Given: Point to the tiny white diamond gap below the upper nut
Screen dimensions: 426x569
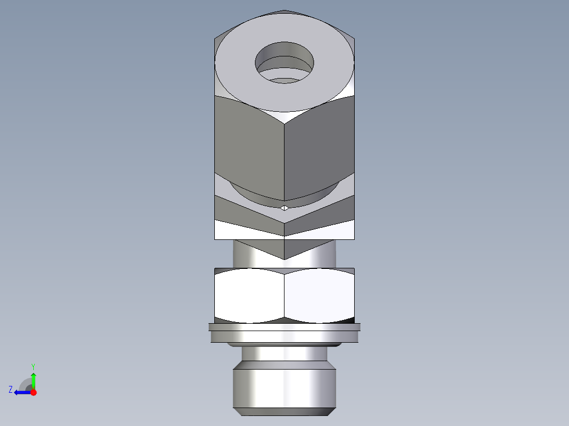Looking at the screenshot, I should pos(284,208).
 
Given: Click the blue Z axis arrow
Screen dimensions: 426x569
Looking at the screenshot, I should pos(21,392).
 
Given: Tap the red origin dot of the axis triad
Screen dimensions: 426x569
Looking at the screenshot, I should pos(33,392).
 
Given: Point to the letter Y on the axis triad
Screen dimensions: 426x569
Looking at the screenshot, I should pos(33,366).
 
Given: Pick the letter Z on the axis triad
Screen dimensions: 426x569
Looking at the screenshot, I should pos(11,389).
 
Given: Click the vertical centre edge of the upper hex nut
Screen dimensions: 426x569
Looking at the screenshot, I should pos(284,158).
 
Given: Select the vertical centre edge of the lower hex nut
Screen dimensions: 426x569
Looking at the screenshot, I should pos(284,295).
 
